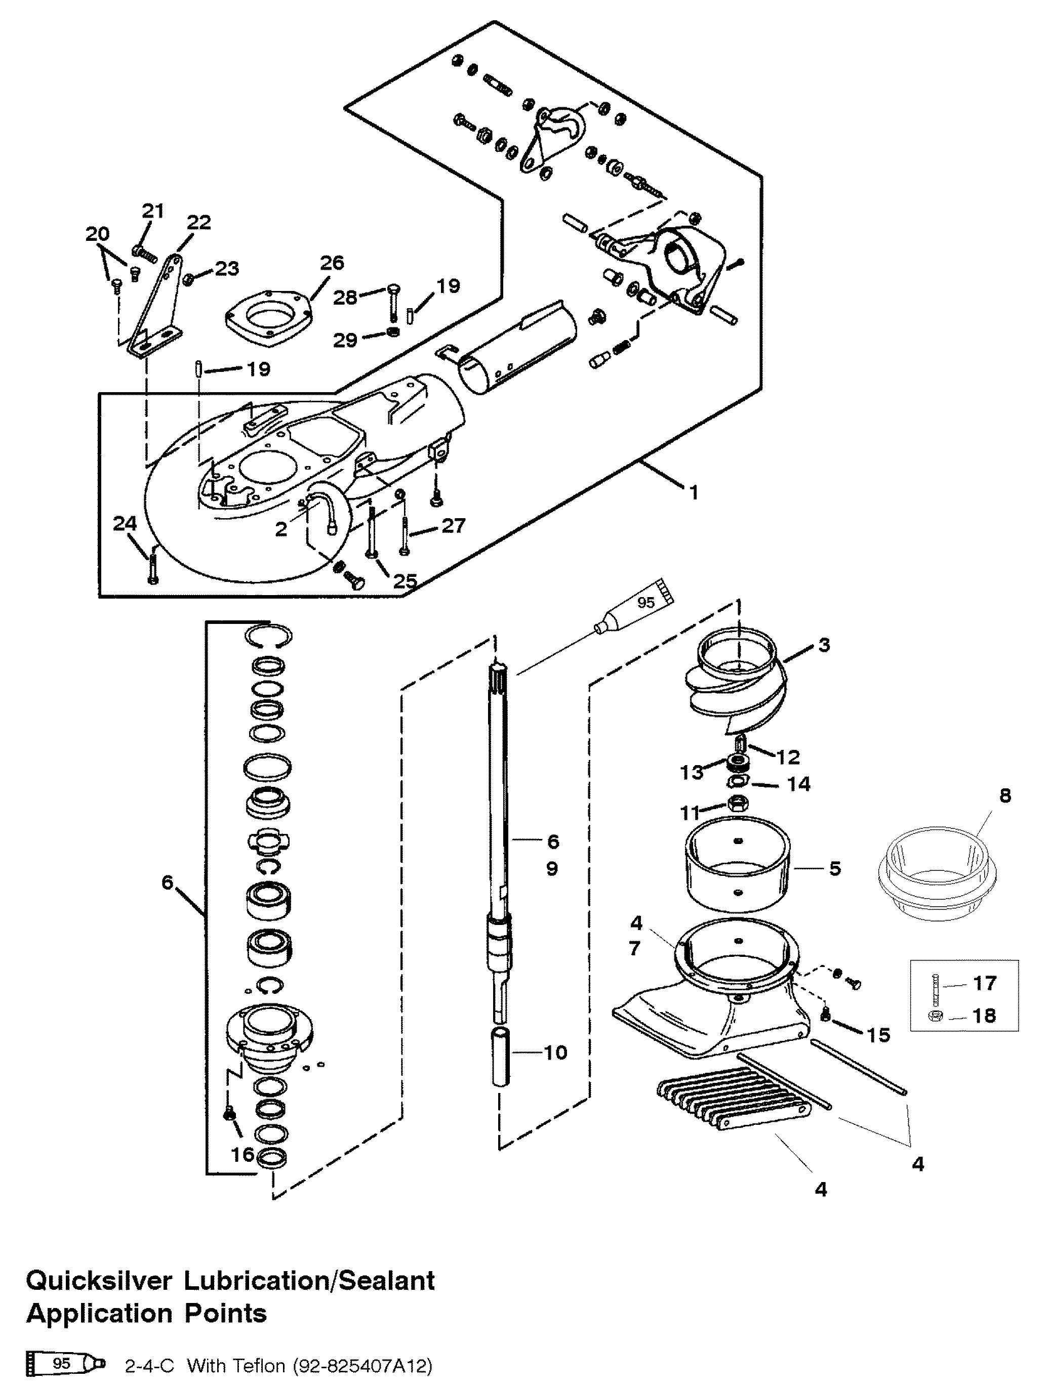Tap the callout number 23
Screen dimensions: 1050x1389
[227, 269]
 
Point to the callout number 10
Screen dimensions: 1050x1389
[555, 1053]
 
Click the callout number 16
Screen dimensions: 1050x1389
[243, 1154]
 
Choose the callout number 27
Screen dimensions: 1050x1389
[453, 526]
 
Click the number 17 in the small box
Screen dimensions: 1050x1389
[985, 983]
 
